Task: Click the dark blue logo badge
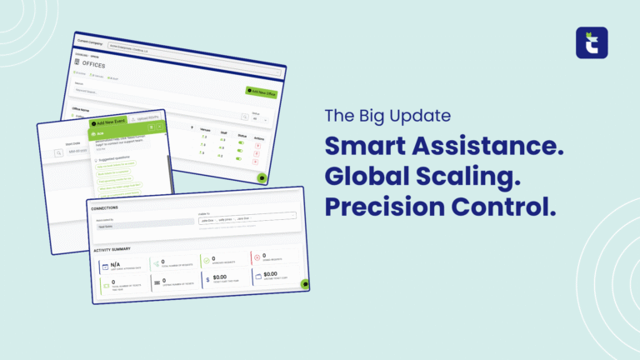pyautogui.click(x=592, y=43)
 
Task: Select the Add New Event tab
pyautogui.click(x=111, y=122)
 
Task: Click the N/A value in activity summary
pyautogui.click(x=116, y=264)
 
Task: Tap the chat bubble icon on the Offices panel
pyautogui.click(x=262, y=177)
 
